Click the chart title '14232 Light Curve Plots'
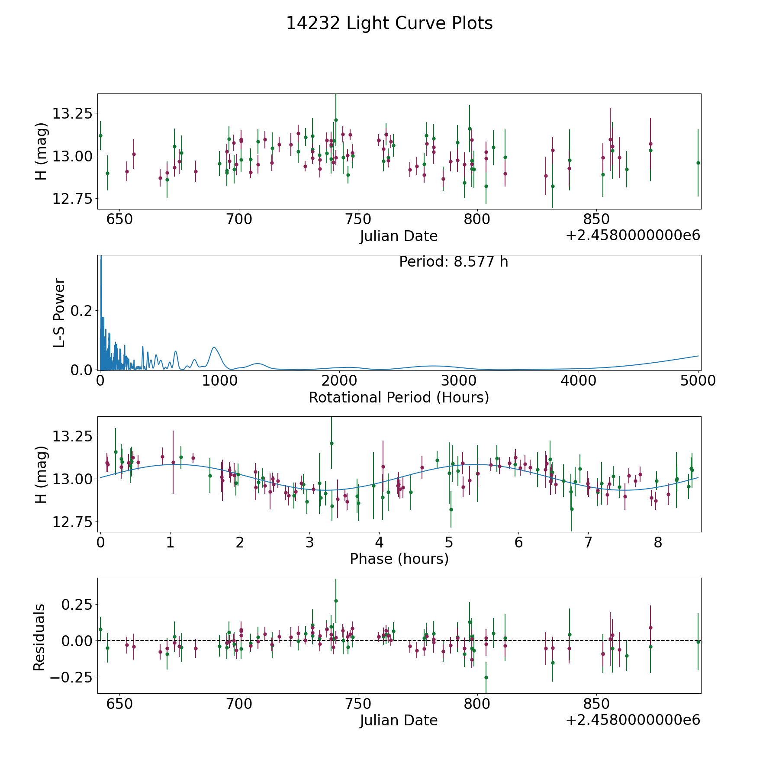click(x=389, y=23)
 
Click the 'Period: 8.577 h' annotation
click(x=453, y=262)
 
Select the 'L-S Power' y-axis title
click(x=59, y=312)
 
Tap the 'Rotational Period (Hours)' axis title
click(x=399, y=397)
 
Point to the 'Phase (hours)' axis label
click(x=399, y=559)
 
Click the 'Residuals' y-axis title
click(x=39, y=637)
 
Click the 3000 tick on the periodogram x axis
click(x=459, y=381)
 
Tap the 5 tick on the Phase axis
click(x=449, y=543)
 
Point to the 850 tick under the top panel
click(x=596, y=219)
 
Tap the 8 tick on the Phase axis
click(x=658, y=543)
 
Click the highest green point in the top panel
click(x=336, y=120)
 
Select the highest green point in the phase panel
click(x=332, y=443)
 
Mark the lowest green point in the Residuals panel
click(x=486, y=677)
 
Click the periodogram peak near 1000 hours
click(x=214, y=347)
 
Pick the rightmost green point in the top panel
click(x=698, y=163)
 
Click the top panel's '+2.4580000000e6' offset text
click(x=633, y=236)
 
